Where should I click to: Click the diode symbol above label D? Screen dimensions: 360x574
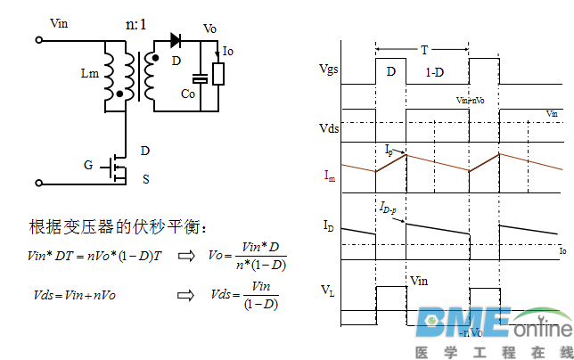click(x=175, y=39)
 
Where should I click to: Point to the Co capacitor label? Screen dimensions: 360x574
click(x=188, y=94)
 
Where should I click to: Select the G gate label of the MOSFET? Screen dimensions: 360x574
click(x=88, y=165)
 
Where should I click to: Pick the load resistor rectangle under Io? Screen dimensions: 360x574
click(x=217, y=73)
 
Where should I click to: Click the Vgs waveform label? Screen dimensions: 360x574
click(x=329, y=68)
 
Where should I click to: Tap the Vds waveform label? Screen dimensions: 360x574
click(x=329, y=128)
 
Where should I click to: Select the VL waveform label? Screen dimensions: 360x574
click(x=329, y=290)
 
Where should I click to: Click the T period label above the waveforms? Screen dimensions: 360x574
click(x=423, y=50)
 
